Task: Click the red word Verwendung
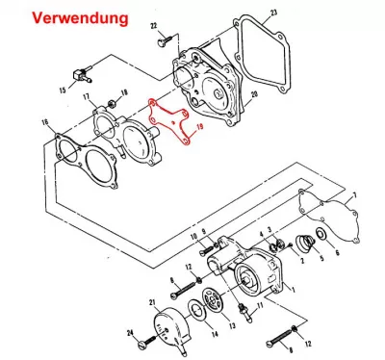point(80,18)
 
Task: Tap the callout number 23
point(273,13)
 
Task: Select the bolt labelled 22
point(165,40)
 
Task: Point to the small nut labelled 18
point(113,103)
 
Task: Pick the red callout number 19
point(200,127)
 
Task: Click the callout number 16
point(45,122)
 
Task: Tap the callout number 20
point(254,94)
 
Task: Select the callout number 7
point(354,195)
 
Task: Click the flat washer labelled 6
point(321,234)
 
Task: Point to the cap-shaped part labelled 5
point(304,243)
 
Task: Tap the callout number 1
point(293,290)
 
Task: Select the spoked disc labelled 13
point(213,301)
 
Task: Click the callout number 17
point(86,96)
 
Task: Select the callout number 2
point(301,261)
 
